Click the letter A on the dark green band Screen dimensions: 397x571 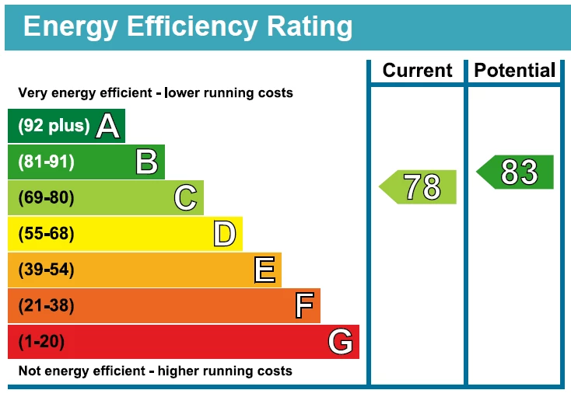[x=108, y=126]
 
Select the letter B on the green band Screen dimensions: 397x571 [x=146, y=162]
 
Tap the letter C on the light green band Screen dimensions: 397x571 [x=185, y=198]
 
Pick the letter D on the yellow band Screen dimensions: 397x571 [x=224, y=234]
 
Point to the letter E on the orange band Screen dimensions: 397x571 [x=264, y=270]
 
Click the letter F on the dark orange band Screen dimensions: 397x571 [x=304, y=306]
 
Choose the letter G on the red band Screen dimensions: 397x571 [x=341, y=342]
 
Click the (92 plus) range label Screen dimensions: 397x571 [x=54, y=126]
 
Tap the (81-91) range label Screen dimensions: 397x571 [x=46, y=162]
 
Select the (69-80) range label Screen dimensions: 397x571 [x=46, y=198]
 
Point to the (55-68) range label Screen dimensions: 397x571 [x=46, y=234]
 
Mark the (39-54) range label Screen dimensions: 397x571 [x=46, y=270]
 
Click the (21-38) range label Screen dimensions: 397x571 [x=46, y=306]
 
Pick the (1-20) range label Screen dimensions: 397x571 [x=41, y=342]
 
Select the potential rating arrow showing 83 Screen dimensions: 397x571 [x=517, y=172]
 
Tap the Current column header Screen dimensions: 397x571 [x=417, y=71]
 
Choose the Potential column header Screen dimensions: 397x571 [x=515, y=71]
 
